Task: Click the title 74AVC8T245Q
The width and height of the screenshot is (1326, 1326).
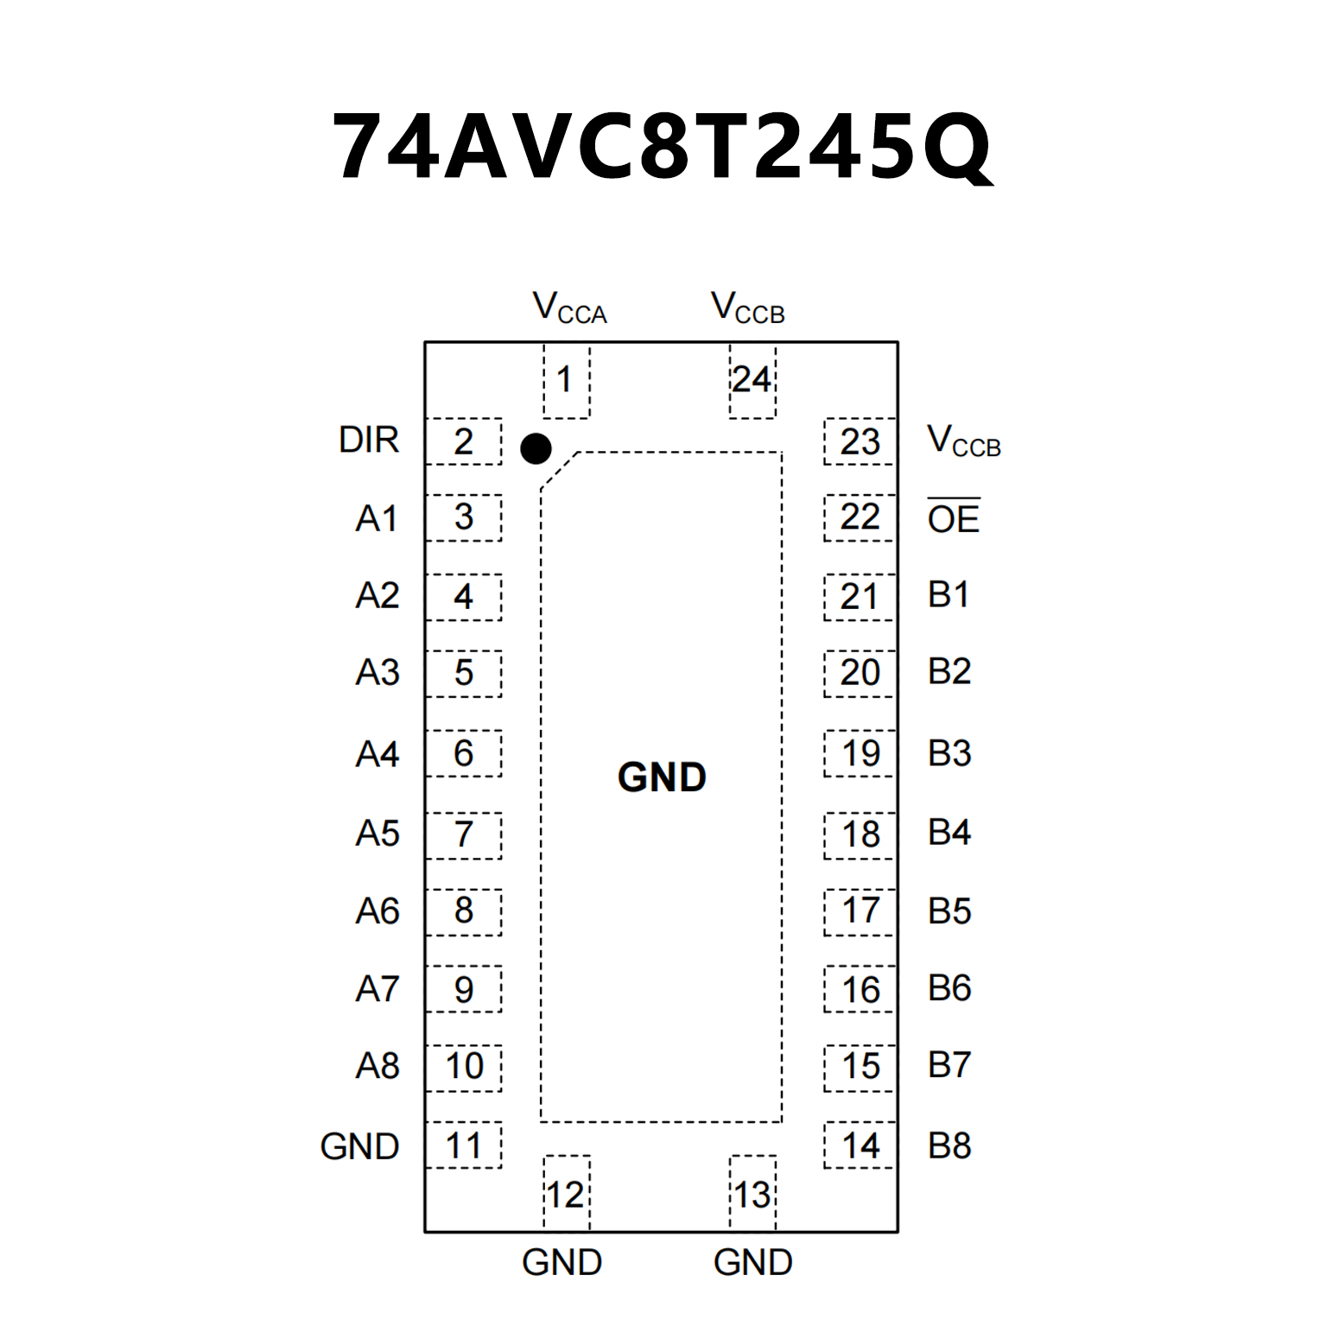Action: [x=663, y=147]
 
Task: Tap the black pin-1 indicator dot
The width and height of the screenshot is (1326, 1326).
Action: [x=536, y=448]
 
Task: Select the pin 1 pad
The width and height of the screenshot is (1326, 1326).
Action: [x=566, y=380]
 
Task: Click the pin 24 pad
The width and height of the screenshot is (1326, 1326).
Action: [x=752, y=380]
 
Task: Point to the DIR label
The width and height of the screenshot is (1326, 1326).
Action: [x=369, y=441]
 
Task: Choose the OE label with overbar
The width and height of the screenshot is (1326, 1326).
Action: [x=953, y=517]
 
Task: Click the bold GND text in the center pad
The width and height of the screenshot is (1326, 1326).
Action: [x=662, y=777]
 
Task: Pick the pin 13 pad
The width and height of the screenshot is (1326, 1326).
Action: [x=752, y=1194]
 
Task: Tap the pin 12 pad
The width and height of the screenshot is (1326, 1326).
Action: [x=566, y=1194]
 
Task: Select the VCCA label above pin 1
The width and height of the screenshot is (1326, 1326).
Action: [x=569, y=308]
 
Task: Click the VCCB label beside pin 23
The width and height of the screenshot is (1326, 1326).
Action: [x=963, y=441]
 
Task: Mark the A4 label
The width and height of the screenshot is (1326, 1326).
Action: [x=377, y=754]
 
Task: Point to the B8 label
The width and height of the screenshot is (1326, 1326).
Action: [x=949, y=1146]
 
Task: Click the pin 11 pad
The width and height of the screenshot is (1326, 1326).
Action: [x=464, y=1145]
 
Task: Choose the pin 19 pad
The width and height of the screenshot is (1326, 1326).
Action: [x=860, y=753]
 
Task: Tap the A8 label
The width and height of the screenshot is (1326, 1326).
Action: [x=377, y=1066]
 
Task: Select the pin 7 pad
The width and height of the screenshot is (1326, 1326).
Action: [x=464, y=834]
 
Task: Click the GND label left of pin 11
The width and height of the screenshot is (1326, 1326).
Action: [x=359, y=1146]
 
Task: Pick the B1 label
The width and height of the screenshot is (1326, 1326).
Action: [x=949, y=595]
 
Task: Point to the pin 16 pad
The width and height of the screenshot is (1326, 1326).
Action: [x=860, y=989]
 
